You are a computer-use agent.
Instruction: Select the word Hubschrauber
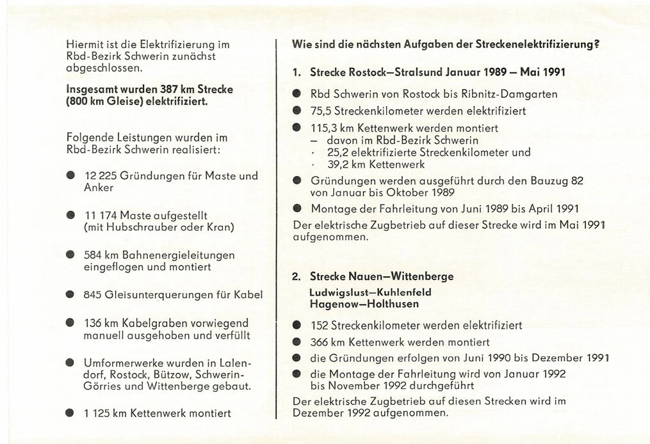click(137, 227)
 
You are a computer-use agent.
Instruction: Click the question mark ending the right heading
click(596, 45)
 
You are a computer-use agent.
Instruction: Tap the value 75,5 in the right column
click(322, 111)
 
